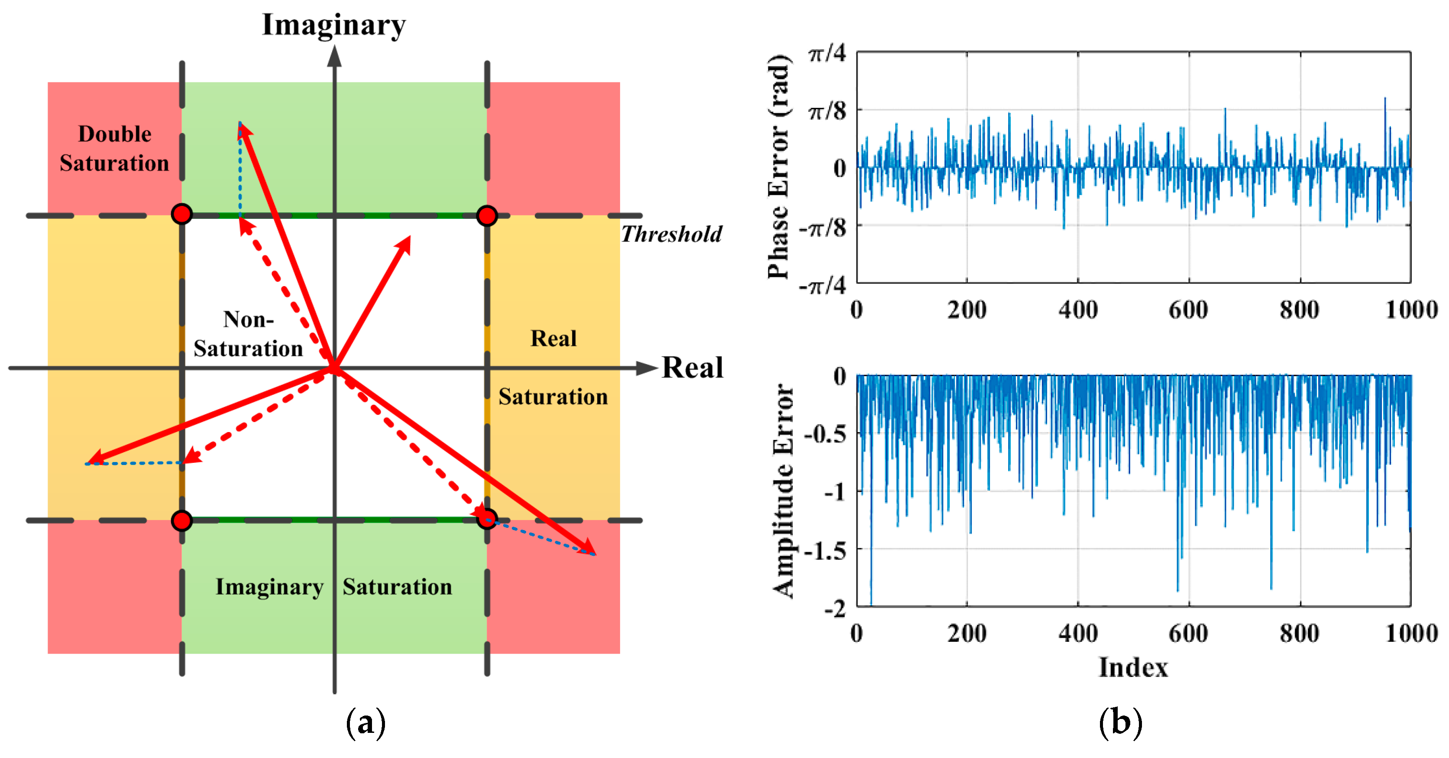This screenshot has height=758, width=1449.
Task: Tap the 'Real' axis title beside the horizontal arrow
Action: click(x=692, y=368)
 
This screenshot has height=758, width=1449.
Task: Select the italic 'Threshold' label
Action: click(x=671, y=234)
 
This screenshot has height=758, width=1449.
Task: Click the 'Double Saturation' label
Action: click(x=114, y=149)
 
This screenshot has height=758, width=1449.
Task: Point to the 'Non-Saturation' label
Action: click(x=248, y=334)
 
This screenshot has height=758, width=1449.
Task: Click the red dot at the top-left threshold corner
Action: click(x=182, y=215)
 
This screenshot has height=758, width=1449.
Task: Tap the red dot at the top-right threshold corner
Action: click(x=487, y=215)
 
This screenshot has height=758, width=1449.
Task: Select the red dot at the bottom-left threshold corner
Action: click(x=182, y=521)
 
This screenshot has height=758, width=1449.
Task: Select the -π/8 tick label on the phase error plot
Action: click(x=822, y=228)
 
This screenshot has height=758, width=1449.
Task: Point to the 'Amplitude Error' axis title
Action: click(x=783, y=491)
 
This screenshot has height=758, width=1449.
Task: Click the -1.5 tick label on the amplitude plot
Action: click(x=825, y=550)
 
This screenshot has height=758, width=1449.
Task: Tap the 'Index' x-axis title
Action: click(x=1133, y=667)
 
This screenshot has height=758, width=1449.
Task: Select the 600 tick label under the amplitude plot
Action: click(x=1188, y=634)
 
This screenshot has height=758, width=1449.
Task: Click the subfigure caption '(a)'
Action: click(x=365, y=722)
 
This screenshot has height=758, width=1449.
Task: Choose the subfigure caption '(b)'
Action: click(x=1120, y=722)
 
